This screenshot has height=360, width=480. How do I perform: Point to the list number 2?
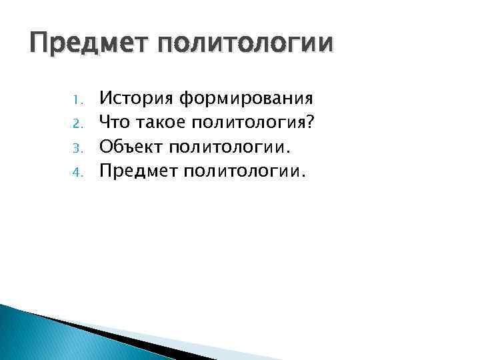[77, 123]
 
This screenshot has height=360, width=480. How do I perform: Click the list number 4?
[77, 172]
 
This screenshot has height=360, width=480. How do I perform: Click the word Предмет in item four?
[135, 171]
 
